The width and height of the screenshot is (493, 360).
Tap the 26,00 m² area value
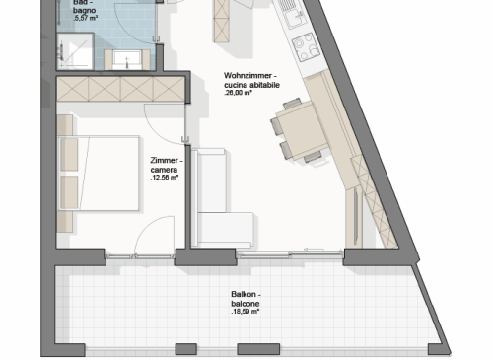[238, 93]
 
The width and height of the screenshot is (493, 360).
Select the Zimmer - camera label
[167, 165]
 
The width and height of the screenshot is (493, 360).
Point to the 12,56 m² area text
[165, 178]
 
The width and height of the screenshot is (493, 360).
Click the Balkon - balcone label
[246, 299]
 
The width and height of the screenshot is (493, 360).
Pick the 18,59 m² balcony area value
[246, 312]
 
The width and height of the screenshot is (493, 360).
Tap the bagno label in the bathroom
[85, 11]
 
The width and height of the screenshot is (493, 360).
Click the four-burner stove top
[306, 47]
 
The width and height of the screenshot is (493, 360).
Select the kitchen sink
[295, 17]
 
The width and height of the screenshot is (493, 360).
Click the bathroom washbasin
[127, 59]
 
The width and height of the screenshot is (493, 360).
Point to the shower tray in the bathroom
[76, 51]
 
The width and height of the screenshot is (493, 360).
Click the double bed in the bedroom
[99, 173]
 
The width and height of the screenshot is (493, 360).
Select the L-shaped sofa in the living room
[217, 210]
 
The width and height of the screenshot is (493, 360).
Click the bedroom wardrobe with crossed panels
[120, 89]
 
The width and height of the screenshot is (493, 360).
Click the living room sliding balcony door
[290, 253]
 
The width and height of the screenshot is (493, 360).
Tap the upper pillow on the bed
[69, 155]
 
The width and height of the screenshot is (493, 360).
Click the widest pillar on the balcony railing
[258, 349]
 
